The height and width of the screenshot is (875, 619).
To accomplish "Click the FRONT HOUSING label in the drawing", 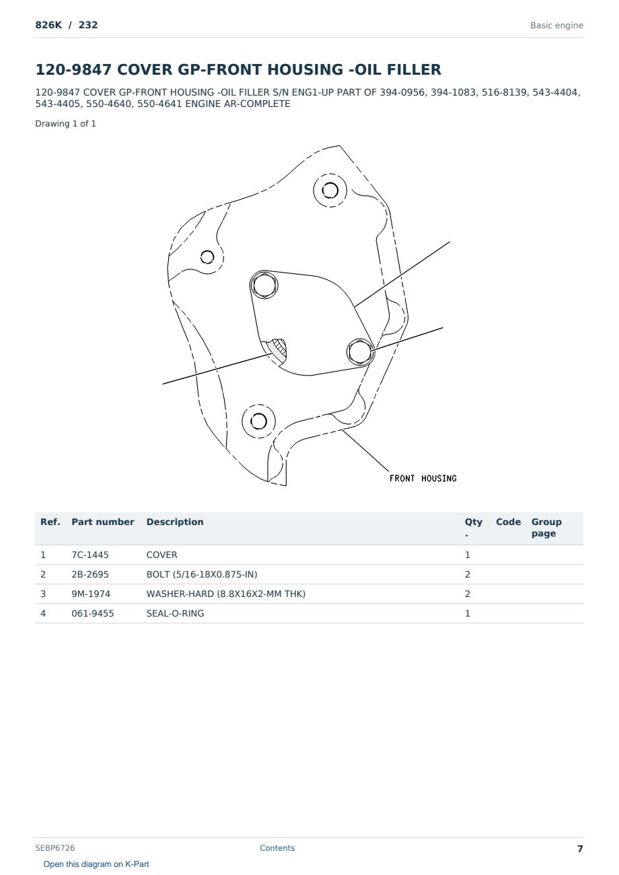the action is [x=423, y=479].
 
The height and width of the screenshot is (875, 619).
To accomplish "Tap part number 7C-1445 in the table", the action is [x=90, y=555].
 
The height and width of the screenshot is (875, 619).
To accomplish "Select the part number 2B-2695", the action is [x=90, y=574].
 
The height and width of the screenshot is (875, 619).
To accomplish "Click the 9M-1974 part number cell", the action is [x=91, y=594].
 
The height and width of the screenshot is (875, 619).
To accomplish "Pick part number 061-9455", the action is [x=93, y=613].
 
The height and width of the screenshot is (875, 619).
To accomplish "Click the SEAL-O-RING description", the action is [x=175, y=613].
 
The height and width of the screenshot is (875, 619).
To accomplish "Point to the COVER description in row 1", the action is [x=161, y=555].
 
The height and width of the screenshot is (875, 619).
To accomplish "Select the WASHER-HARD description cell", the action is [x=225, y=594].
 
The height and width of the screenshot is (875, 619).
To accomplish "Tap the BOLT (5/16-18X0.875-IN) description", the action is [x=202, y=574].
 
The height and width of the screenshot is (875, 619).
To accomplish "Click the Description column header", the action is [x=174, y=522].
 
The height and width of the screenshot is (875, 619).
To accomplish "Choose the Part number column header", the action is [x=103, y=522].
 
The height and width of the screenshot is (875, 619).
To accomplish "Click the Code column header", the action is [x=508, y=522].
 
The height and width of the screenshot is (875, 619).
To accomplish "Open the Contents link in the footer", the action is [x=277, y=847].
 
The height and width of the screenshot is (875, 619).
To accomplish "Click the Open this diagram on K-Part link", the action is [x=96, y=864].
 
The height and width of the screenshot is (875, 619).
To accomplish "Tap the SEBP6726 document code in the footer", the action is [x=55, y=847].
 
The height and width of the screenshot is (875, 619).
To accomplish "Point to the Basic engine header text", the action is [x=556, y=26].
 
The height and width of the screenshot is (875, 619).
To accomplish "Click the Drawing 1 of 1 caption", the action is [x=65, y=124].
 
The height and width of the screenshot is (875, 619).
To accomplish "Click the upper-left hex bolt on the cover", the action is [x=264, y=285].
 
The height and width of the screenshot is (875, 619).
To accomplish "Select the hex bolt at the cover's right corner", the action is [x=359, y=351].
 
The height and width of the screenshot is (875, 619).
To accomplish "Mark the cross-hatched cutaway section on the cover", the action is [x=277, y=349].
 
